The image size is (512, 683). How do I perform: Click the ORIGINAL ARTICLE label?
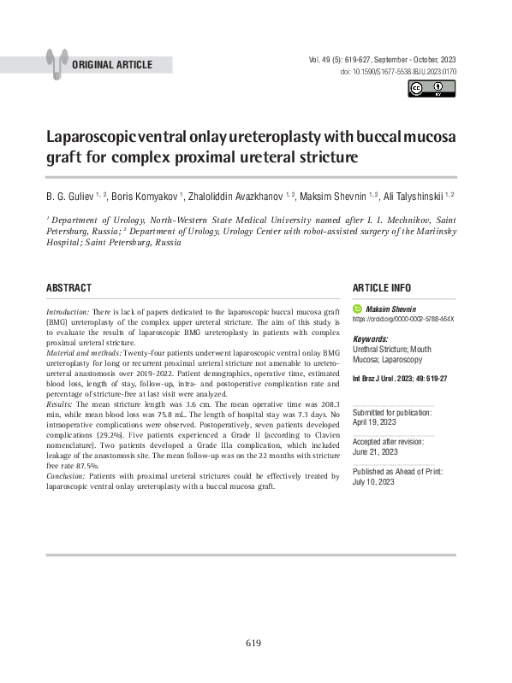112,65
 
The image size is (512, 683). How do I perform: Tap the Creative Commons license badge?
432,89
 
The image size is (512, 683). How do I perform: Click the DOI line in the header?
398,72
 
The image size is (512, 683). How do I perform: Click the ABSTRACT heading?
68,288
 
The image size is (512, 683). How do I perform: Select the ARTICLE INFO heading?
381,288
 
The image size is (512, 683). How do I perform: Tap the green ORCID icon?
358,308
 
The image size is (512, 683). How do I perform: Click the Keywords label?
370,339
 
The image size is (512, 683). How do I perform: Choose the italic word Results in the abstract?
59,403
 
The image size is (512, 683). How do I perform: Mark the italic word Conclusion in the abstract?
64,476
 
